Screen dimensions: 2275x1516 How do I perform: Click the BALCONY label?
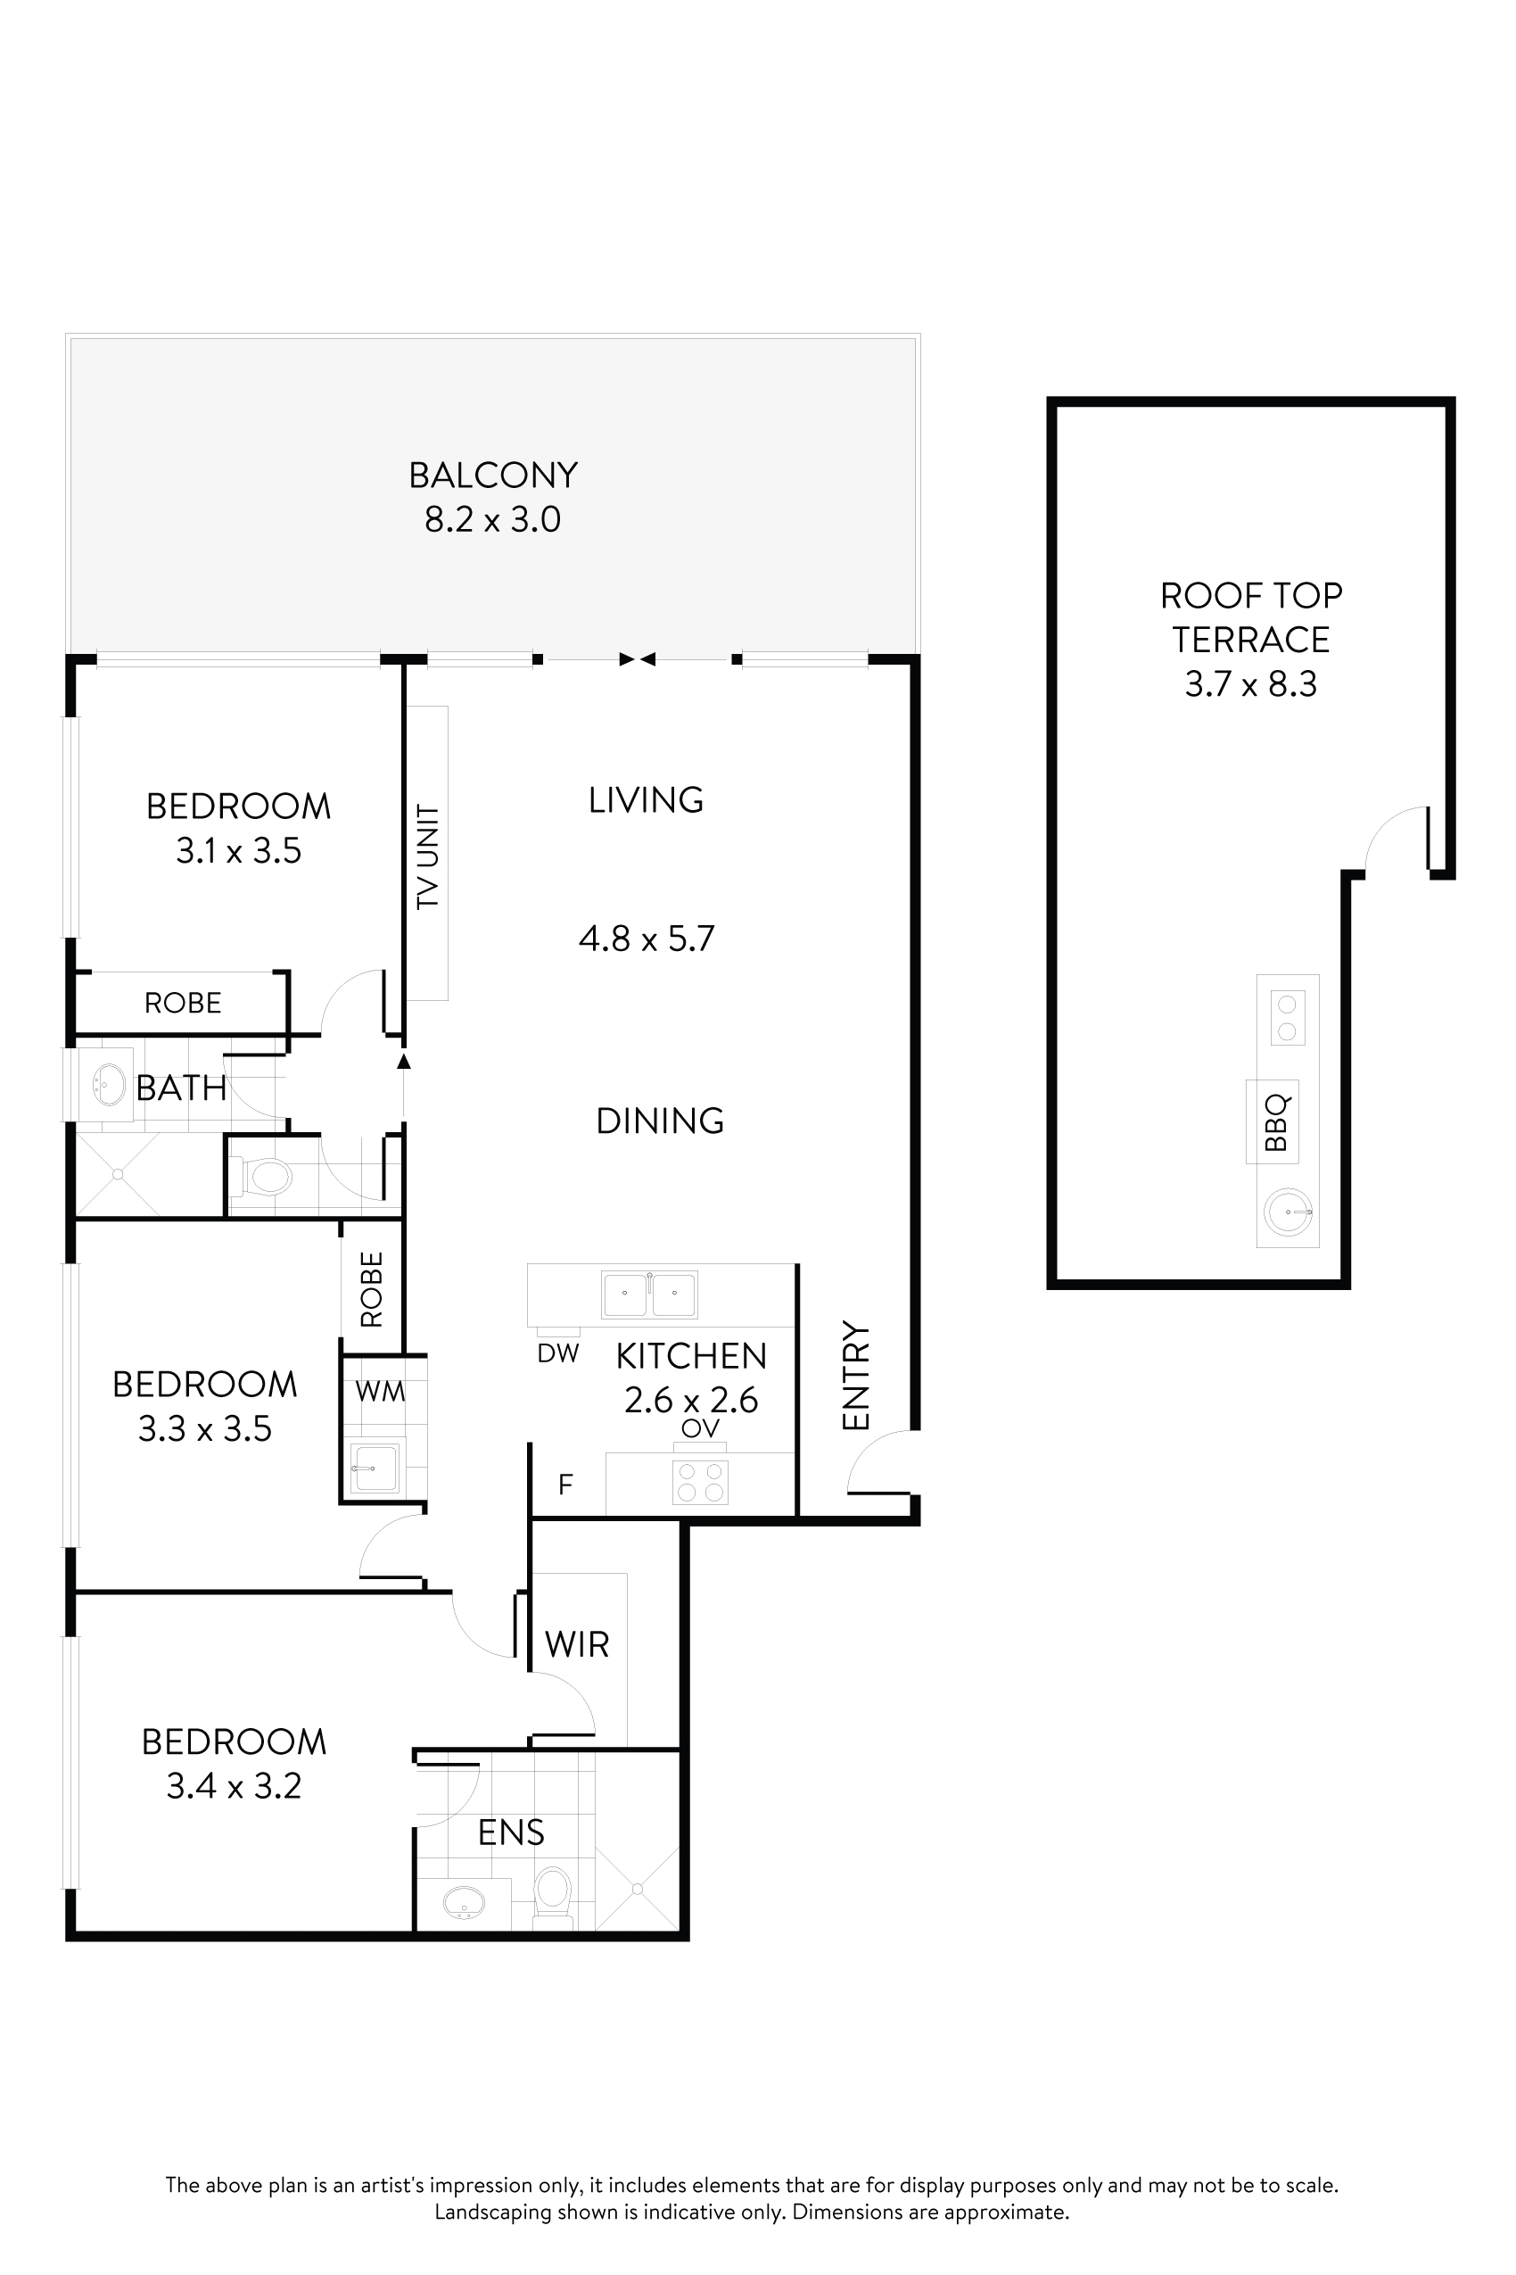click(x=493, y=475)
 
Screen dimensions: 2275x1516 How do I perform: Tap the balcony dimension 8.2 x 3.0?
click(x=493, y=520)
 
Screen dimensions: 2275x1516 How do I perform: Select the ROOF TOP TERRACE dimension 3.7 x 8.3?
click(x=1250, y=684)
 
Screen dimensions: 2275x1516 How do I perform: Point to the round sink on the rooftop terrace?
click(x=1289, y=1211)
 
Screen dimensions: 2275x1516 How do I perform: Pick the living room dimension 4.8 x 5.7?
click(x=646, y=939)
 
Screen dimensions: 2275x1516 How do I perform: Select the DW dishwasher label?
click(x=558, y=1353)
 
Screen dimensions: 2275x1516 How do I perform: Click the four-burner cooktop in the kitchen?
click(x=701, y=1481)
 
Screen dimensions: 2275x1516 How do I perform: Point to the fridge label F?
click(x=565, y=1483)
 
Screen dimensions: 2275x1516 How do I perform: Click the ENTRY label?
click(x=857, y=1375)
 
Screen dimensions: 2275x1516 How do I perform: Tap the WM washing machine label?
click(x=380, y=1391)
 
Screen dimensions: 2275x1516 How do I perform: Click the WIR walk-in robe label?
click(x=577, y=1643)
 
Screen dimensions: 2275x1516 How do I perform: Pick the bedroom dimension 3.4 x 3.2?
click(x=234, y=1785)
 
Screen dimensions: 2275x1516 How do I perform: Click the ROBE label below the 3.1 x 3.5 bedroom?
click(x=183, y=1003)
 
